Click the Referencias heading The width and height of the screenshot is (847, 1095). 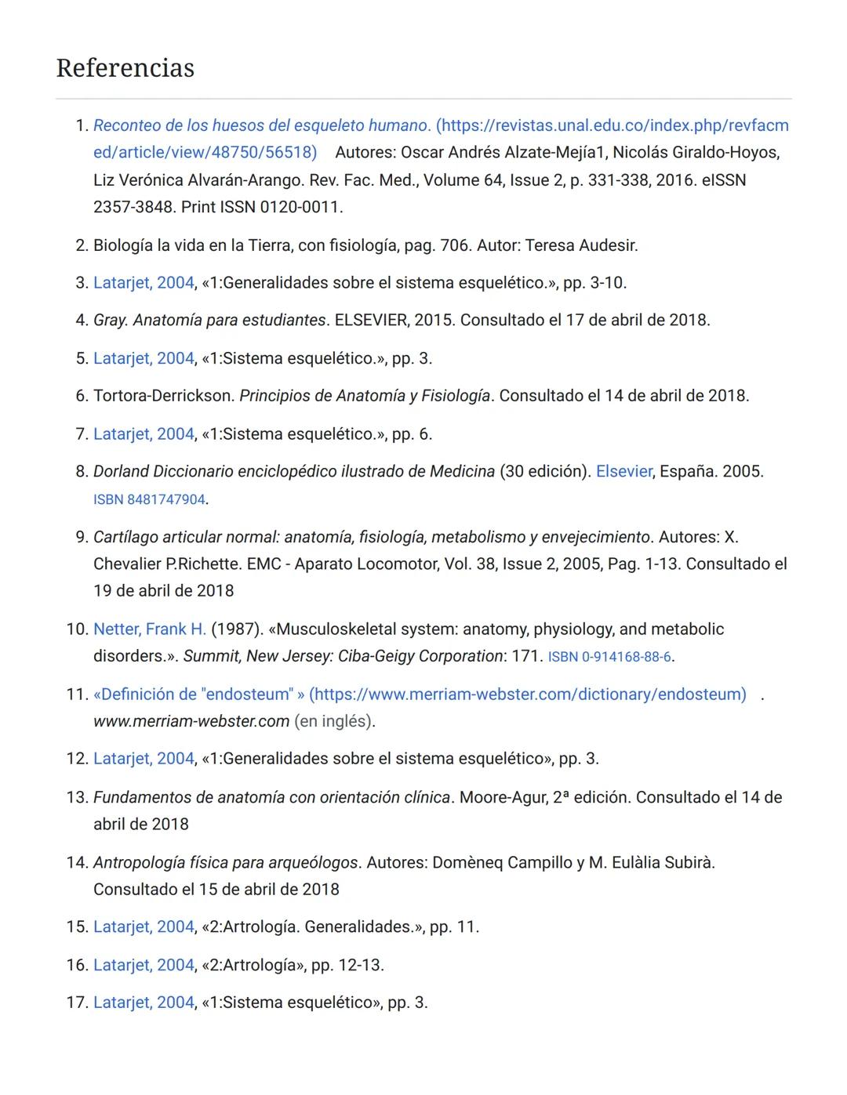[x=125, y=68]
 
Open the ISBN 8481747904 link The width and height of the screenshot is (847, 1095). [x=149, y=500]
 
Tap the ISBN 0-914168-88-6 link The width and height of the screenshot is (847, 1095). [x=609, y=657]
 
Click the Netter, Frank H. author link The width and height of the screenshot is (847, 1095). [x=149, y=629]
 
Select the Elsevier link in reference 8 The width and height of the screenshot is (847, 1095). [x=623, y=472]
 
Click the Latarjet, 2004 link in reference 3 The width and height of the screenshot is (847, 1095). [x=144, y=283]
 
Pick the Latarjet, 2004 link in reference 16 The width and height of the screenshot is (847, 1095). [x=144, y=965]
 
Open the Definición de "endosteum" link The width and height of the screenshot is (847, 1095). [x=420, y=694]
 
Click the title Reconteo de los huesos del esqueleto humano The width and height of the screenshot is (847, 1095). [x=261, y=125]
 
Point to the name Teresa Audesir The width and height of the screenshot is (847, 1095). [x=580, y=245]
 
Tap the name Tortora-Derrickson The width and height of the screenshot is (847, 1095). [x=163, y=396]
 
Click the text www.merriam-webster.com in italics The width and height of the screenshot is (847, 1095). [x=191, y=721]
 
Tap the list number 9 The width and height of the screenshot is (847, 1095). [x=80, y=538]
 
